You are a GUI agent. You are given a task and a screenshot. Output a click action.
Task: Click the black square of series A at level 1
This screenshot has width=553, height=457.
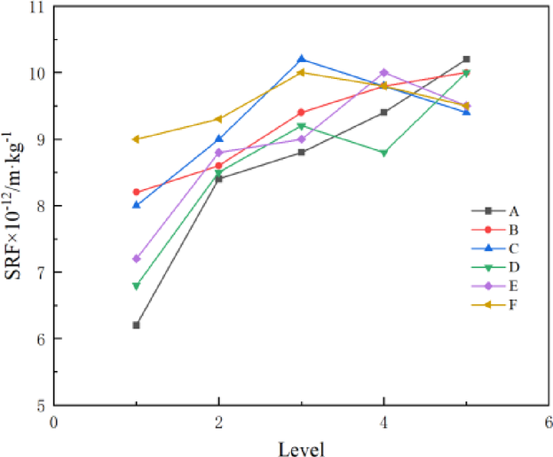[136, 325]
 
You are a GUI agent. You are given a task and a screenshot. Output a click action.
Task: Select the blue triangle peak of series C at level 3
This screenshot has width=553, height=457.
[302, 59]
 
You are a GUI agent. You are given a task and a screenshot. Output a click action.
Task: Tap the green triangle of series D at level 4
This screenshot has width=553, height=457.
[384, 153]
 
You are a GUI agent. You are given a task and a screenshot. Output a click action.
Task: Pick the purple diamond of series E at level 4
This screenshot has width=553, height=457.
[384, 73]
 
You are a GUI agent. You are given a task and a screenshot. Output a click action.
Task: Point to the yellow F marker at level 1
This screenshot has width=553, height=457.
[136, 139]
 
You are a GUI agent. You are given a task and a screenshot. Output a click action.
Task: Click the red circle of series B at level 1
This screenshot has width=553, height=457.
[136, 192]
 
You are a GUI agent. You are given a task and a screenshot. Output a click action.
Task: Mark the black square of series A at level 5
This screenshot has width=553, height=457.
[467, 59]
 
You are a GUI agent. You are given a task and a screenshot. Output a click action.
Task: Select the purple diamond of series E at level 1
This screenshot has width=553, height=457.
[136, 258]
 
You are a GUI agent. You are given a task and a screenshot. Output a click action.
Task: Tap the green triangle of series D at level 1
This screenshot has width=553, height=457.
[136, 286]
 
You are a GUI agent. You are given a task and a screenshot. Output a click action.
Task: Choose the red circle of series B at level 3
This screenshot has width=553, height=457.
[302, 113]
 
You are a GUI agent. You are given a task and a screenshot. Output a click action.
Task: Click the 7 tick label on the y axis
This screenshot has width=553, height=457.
[39, 272]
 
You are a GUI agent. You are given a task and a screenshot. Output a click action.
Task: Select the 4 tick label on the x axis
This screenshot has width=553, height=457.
[384, 422]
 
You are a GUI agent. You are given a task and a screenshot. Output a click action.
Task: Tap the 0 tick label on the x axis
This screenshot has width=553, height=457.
[53, 422]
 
